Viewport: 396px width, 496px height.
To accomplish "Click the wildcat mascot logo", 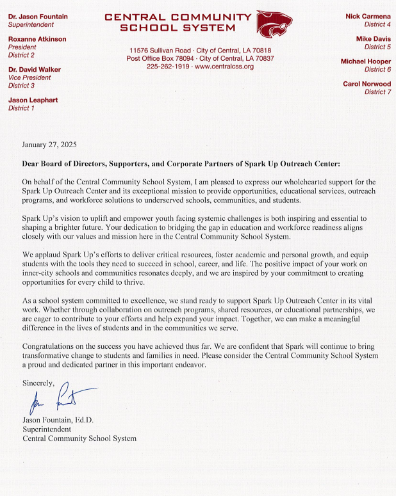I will pos(275,24).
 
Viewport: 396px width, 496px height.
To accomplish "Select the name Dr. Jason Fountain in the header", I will pos(38,16).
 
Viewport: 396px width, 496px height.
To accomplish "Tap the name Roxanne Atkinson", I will pos(37,39).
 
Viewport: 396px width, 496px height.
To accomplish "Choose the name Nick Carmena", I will pos(368,16).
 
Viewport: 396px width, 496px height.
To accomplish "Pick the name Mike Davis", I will pos(373,39).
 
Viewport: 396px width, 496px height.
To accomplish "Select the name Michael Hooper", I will pos(366,61).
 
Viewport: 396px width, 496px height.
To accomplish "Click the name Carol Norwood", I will pos(367,84).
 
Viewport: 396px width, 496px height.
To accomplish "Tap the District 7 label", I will pos(377,92).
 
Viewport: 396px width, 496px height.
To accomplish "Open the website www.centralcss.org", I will pos(224,67).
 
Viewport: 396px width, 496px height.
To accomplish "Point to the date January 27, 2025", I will pos(49,145).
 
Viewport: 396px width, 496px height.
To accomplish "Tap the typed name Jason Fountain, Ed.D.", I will pos(58,420).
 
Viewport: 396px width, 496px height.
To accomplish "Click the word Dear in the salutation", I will pos(32,164).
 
